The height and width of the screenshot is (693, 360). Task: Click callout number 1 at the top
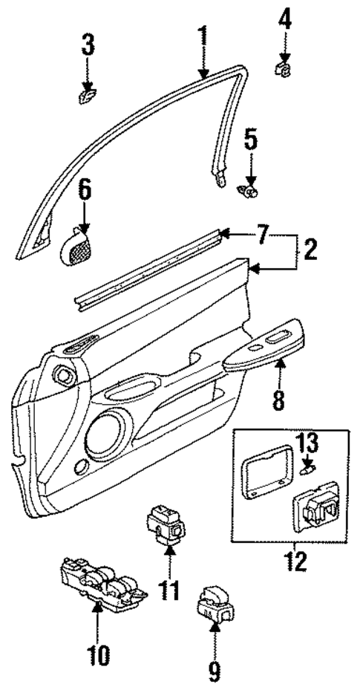point(202,35)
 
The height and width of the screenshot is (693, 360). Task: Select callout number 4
point(284,19)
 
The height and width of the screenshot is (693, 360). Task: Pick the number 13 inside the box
point(308,445)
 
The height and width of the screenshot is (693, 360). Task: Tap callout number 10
point(98,654)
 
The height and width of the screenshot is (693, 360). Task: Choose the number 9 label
point(214,671)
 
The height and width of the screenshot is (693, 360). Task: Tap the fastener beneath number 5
point(249,191)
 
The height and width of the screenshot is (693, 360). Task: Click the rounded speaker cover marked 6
point(75,245)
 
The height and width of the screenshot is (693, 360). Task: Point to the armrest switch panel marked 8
point(265,347)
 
